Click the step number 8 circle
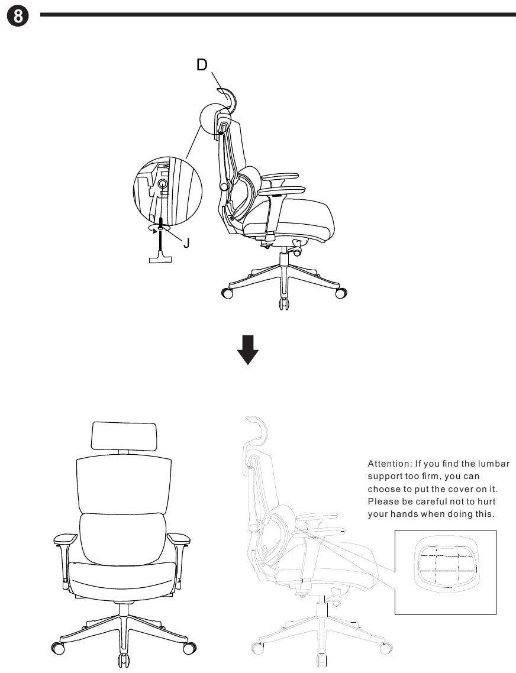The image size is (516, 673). pyautogui.click(x=18, y=17)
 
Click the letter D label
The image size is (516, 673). pyautogui.click(x=202, y=65)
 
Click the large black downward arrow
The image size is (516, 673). pyautogui.click(x=248, y=350)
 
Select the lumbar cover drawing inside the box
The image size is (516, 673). pyautogui.click(x=445, y=564)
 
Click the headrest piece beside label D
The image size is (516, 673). pyautogui.click(x=228, y=95)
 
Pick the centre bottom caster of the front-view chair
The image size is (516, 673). pyautogui.click(x=123, y=660)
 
